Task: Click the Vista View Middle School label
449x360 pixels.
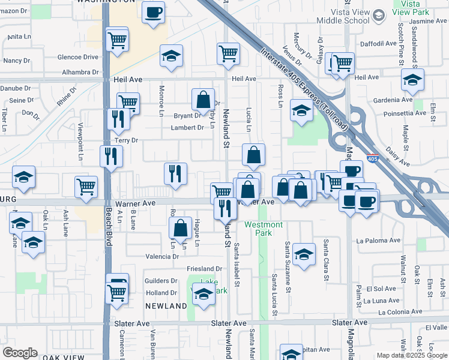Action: tap(339, 16)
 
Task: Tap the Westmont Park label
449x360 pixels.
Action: tap(263, 229)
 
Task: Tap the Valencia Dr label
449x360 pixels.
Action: tap(163, 256)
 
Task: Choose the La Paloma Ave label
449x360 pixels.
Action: tap(378, 241)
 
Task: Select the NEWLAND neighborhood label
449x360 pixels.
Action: tap(166, 306)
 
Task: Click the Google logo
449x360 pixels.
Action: tap(20, 353)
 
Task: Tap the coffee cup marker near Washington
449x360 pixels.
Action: tap(153, 12)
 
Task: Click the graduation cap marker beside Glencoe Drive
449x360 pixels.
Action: tap(172, 57)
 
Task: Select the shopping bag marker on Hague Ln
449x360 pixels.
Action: tap(180, 228)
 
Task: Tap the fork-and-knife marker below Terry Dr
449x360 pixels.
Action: tap(110, 157)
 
